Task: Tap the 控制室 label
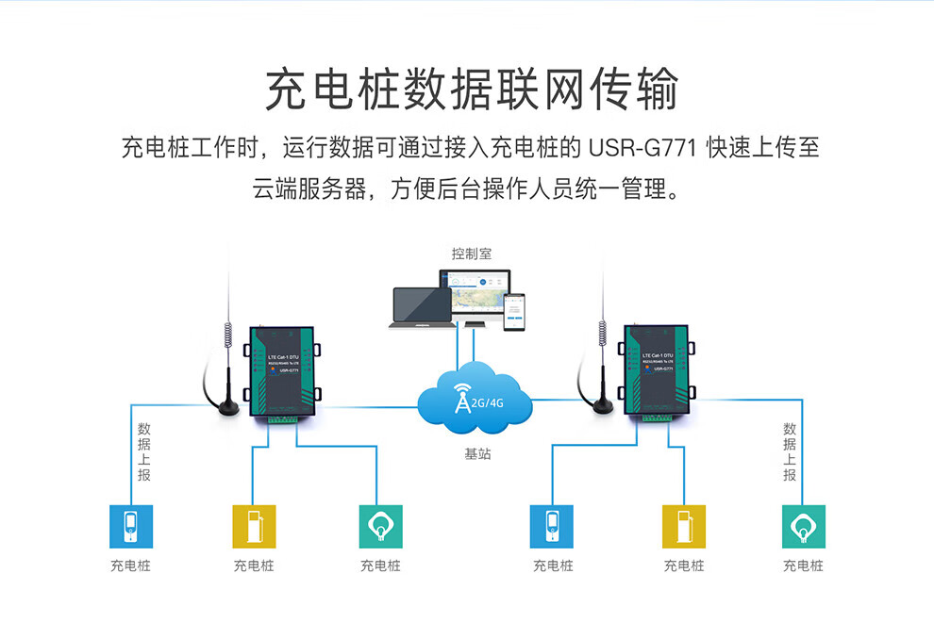pos(471,254)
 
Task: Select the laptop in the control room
pos(422,308)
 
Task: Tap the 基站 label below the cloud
pos(477,454)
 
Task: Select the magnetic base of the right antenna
pos(599,405)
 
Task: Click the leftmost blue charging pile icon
pos(130,526)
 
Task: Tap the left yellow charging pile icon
pos(254,526)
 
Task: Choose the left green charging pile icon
pos(380,526)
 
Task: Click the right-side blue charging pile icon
pos(552,526)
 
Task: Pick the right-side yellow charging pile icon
pos(683,526)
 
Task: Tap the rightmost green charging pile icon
pos(803,526)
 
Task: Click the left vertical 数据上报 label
pos(143,452)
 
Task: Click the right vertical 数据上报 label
pos(790,452)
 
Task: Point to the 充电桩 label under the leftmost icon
pos(130,565)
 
